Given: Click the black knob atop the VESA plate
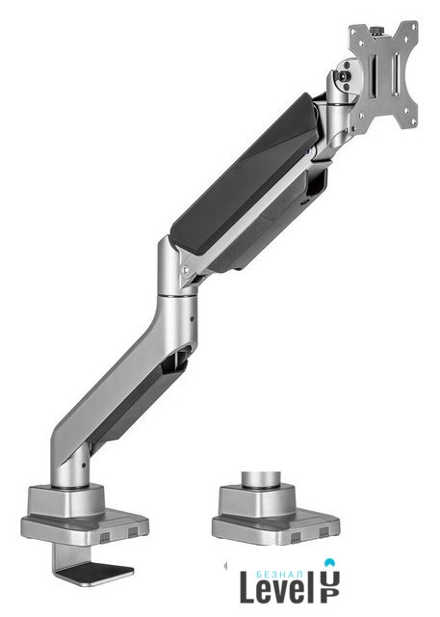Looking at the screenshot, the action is coord(378,31).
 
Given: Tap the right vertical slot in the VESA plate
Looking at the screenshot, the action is coord(396,74).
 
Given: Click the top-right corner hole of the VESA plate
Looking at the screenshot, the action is coord(414,26).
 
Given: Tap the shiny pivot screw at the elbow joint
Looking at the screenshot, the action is coord(186,270).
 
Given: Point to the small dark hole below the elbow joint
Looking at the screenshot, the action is coord(193,319).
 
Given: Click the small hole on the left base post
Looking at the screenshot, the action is coord(84,465).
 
